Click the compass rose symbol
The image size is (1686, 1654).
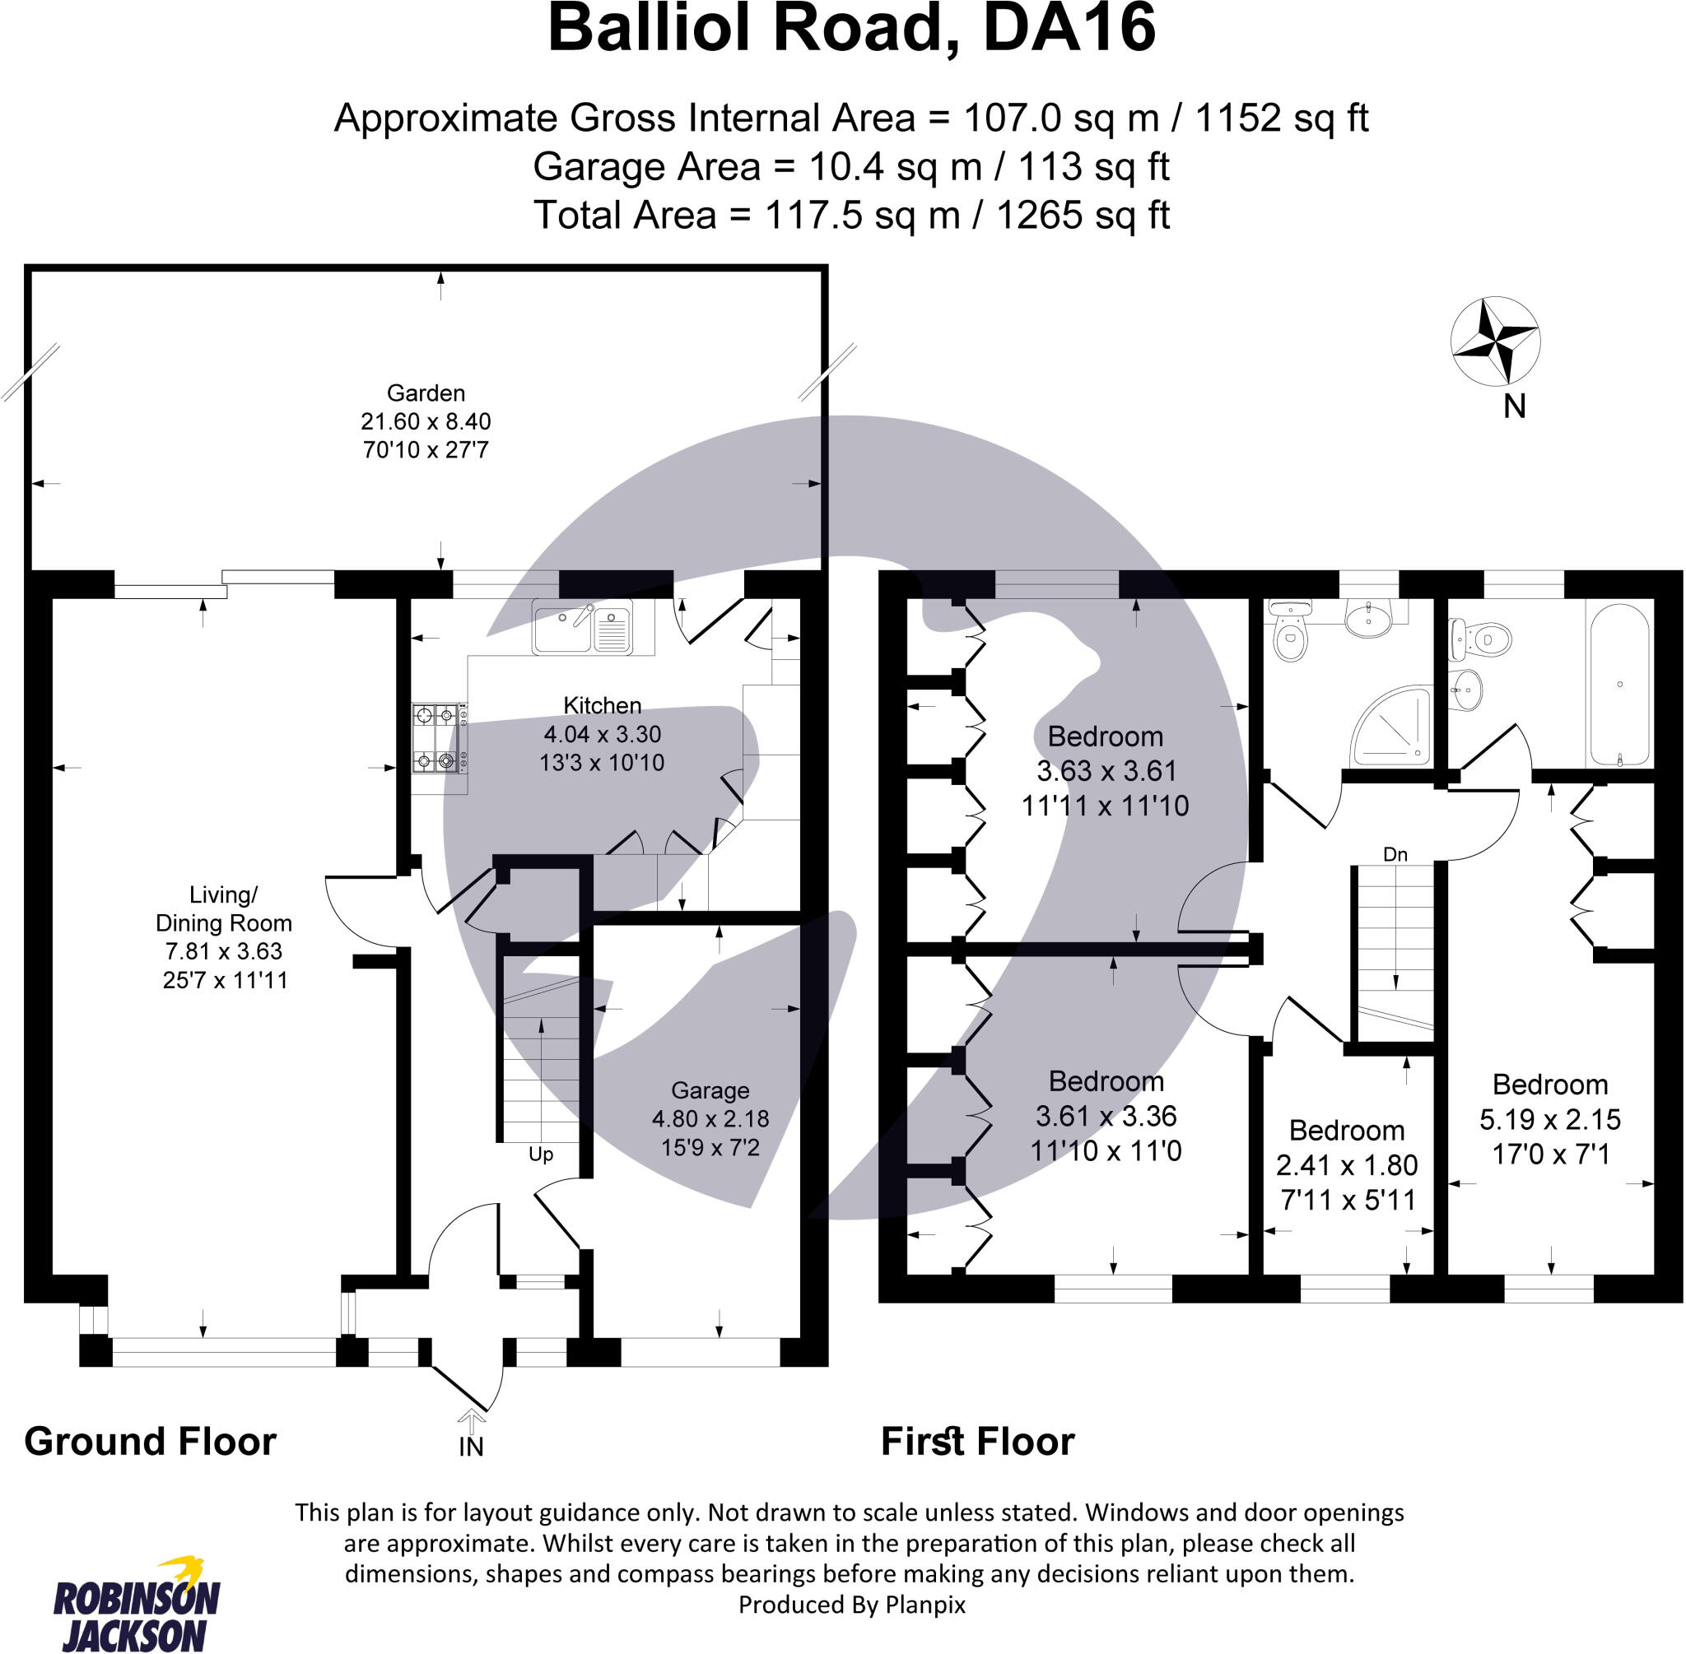[1495, 341]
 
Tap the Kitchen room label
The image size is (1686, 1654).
[603, 705]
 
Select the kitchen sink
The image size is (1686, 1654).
[582, 627]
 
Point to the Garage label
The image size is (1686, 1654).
[710, 1090]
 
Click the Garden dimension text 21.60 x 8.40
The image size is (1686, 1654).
[426, 421]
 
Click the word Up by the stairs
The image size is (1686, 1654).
[541, 1155]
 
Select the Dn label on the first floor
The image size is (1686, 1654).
[1395, 855]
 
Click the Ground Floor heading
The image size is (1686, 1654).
[151, 1441]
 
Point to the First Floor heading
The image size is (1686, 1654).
[978, 1441]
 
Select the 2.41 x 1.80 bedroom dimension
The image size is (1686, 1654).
[1346, 1165]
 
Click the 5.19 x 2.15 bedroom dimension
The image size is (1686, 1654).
[1549, 1119]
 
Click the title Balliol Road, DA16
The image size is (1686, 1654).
[852, 30]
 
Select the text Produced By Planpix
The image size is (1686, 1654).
[852, 1605]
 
